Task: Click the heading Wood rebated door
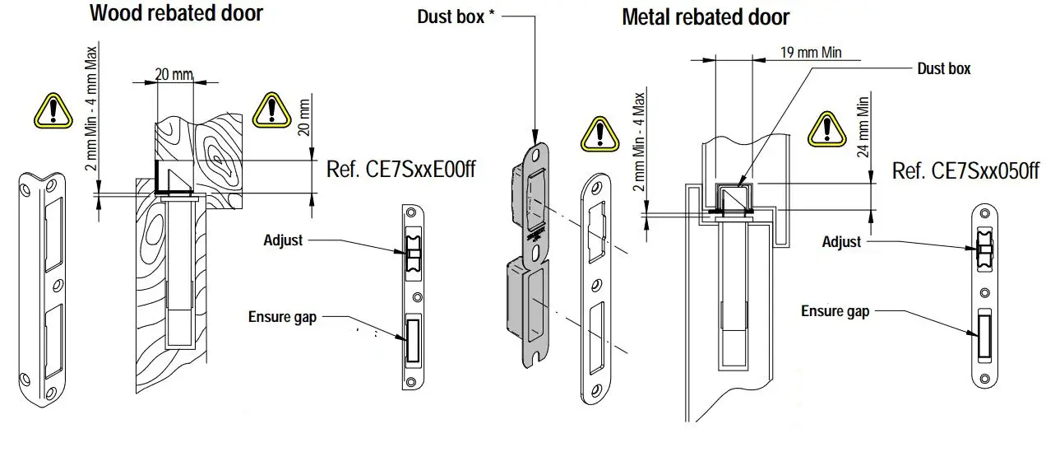(x=176, y=13)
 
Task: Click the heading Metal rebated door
(x=706, y=17)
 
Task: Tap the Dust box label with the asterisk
(x=456, y=16)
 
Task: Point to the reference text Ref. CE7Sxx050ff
(x=966, y=171)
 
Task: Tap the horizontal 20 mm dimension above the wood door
(x=174, y=74)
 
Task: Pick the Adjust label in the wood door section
(x=283, y=240)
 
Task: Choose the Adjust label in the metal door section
(x=841, y=241)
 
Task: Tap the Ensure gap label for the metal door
(x=835, y=311)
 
